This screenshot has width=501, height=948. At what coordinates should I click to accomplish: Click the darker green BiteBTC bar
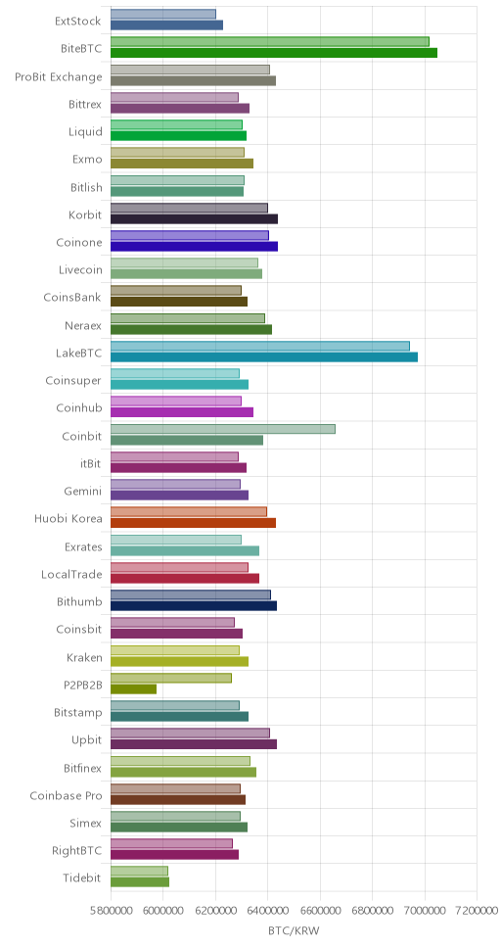pos(274,53)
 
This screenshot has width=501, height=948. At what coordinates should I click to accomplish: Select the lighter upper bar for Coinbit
pos(223,429)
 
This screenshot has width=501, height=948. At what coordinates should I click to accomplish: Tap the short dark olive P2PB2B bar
pos(133,688)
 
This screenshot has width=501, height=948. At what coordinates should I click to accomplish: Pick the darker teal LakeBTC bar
pos(264,356)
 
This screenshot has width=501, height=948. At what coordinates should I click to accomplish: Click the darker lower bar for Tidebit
pos(140,881)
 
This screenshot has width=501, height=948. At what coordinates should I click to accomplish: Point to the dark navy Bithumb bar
pos(194,605)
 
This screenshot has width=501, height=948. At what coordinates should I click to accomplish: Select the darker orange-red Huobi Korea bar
pos(193,522)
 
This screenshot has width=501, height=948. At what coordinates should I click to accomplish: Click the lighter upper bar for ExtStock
pos(163,14)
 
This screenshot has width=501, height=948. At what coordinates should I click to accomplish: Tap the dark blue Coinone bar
pos(194,246)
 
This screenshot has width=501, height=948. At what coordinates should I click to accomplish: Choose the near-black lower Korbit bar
pos(194,218)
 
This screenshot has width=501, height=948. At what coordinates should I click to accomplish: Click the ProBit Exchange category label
pos(59,77)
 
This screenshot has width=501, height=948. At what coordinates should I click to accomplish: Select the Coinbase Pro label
pos(66,795)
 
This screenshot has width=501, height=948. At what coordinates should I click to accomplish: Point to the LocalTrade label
pos(71,574)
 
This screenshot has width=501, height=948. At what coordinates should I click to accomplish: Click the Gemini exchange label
pos(83,492)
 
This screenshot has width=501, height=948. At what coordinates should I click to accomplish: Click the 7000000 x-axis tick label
pos(425,910)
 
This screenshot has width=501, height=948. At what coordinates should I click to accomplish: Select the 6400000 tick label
pos(268,910)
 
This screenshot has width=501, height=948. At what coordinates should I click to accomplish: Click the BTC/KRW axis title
pos(294,931)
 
